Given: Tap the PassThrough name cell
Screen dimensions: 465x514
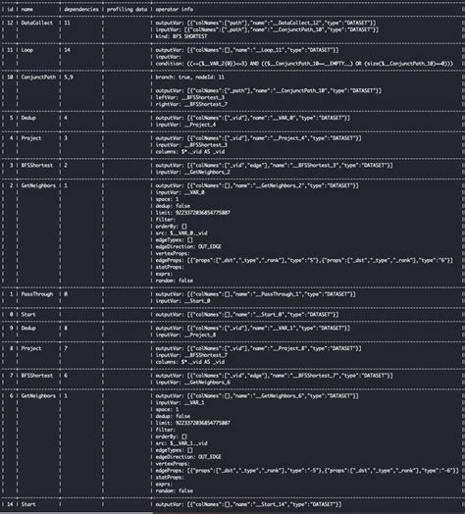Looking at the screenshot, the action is pyautogui.click(x=37, y=293).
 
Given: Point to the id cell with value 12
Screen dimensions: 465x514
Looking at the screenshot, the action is pyautogui.click(x=8, y=19).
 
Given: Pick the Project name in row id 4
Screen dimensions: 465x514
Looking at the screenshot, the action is pyautogui.click(x=30, y=138).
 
